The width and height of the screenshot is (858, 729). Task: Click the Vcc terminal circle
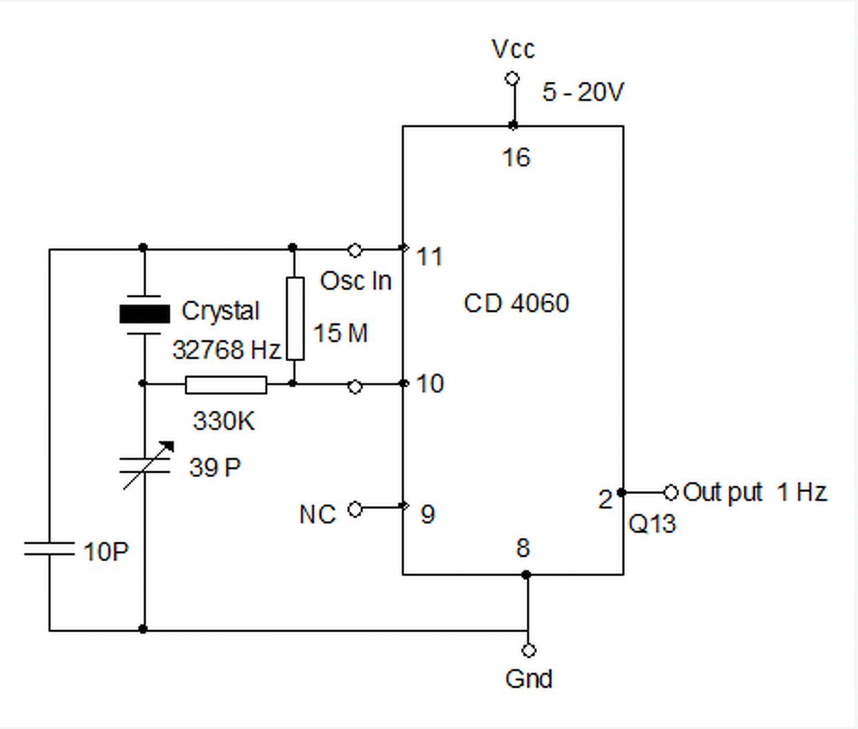click(x=512, y=78)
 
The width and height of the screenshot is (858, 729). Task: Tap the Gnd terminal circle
click(x=528, y=650)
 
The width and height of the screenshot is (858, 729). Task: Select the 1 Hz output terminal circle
click(x=671, y=493)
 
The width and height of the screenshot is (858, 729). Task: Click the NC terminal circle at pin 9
click(x=355, y=509)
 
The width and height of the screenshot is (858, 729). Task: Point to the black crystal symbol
click(x=145, y=314)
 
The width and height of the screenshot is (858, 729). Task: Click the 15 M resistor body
click(x=295, y=318)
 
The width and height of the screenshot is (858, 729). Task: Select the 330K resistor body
click(x=226, y=385)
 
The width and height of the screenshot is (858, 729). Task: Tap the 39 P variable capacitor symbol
click(x=145, y=466)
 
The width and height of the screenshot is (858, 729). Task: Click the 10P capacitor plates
click(x=49, y=548)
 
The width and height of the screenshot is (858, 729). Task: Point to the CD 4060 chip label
click(x=516, y=303)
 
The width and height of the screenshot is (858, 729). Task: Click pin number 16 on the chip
click(x=516, y=157)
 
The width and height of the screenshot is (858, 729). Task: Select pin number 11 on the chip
click(x=429, y=256)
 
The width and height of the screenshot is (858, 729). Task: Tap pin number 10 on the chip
click(x=430, y=383)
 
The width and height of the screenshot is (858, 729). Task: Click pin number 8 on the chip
click(x=523, y=547)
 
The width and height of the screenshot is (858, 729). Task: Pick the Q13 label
click(x=652, y=523)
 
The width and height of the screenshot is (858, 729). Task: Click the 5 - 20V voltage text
click(x=583, y=92)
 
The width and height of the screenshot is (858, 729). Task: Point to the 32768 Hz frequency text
click(x=226, y=350)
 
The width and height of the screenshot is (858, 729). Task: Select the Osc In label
click(x=356, y=280)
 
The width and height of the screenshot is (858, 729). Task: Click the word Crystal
click(x=221, y=310)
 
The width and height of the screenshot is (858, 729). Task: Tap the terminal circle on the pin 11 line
click(x=355, y=251)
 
